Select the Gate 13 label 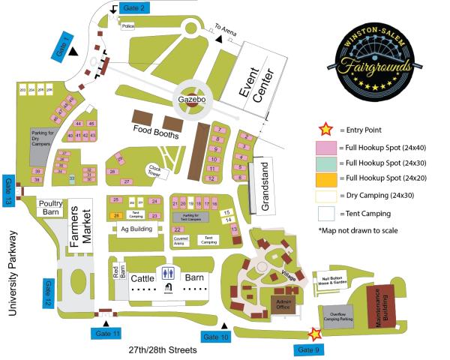point(8,192)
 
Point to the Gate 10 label point(215,337)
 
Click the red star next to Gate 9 point(315,334)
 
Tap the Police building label point(127,25)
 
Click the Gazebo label point(192,99)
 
